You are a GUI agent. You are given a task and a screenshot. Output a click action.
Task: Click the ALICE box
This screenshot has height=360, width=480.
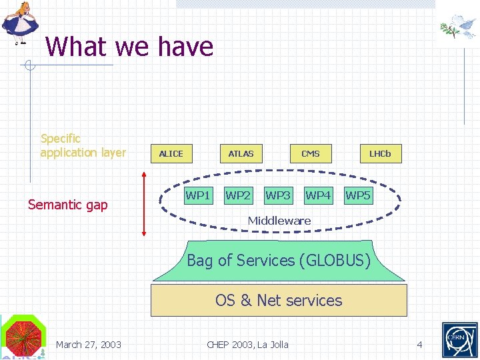point(171,153)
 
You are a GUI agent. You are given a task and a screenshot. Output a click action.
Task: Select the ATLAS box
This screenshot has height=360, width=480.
point(241,153)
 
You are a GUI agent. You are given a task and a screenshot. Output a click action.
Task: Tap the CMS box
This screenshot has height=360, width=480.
point(311,153)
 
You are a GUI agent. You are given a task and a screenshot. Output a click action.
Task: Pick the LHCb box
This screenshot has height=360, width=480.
point(380,153)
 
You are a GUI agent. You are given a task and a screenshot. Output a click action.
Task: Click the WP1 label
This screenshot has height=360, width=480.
point(198,195)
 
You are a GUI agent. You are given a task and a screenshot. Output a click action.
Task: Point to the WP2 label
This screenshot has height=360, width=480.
point(238,195)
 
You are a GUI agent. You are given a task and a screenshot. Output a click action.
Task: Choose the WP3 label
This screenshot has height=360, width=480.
point(278,195)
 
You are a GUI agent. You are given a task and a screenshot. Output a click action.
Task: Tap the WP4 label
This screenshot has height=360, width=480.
point(318,195)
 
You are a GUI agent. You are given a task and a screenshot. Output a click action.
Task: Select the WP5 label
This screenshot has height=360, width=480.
point(358,195)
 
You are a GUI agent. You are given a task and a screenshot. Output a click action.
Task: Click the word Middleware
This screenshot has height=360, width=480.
point(279,220)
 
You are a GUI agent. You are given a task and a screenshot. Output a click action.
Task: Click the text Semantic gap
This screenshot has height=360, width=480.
point(67,205)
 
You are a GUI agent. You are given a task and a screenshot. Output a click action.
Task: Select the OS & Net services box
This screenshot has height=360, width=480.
point(279,300)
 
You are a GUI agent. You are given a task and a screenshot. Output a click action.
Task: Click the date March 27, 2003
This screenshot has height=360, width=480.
point(89,345)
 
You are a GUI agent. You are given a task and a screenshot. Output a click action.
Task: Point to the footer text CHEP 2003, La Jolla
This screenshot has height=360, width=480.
point(247,345)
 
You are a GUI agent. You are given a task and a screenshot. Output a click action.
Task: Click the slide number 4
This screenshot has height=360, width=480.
point(419,345)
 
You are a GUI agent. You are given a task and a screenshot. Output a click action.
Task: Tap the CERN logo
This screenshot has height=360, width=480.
point(460,340)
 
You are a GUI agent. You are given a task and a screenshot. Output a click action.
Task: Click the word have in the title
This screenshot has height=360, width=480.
point(186,47)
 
